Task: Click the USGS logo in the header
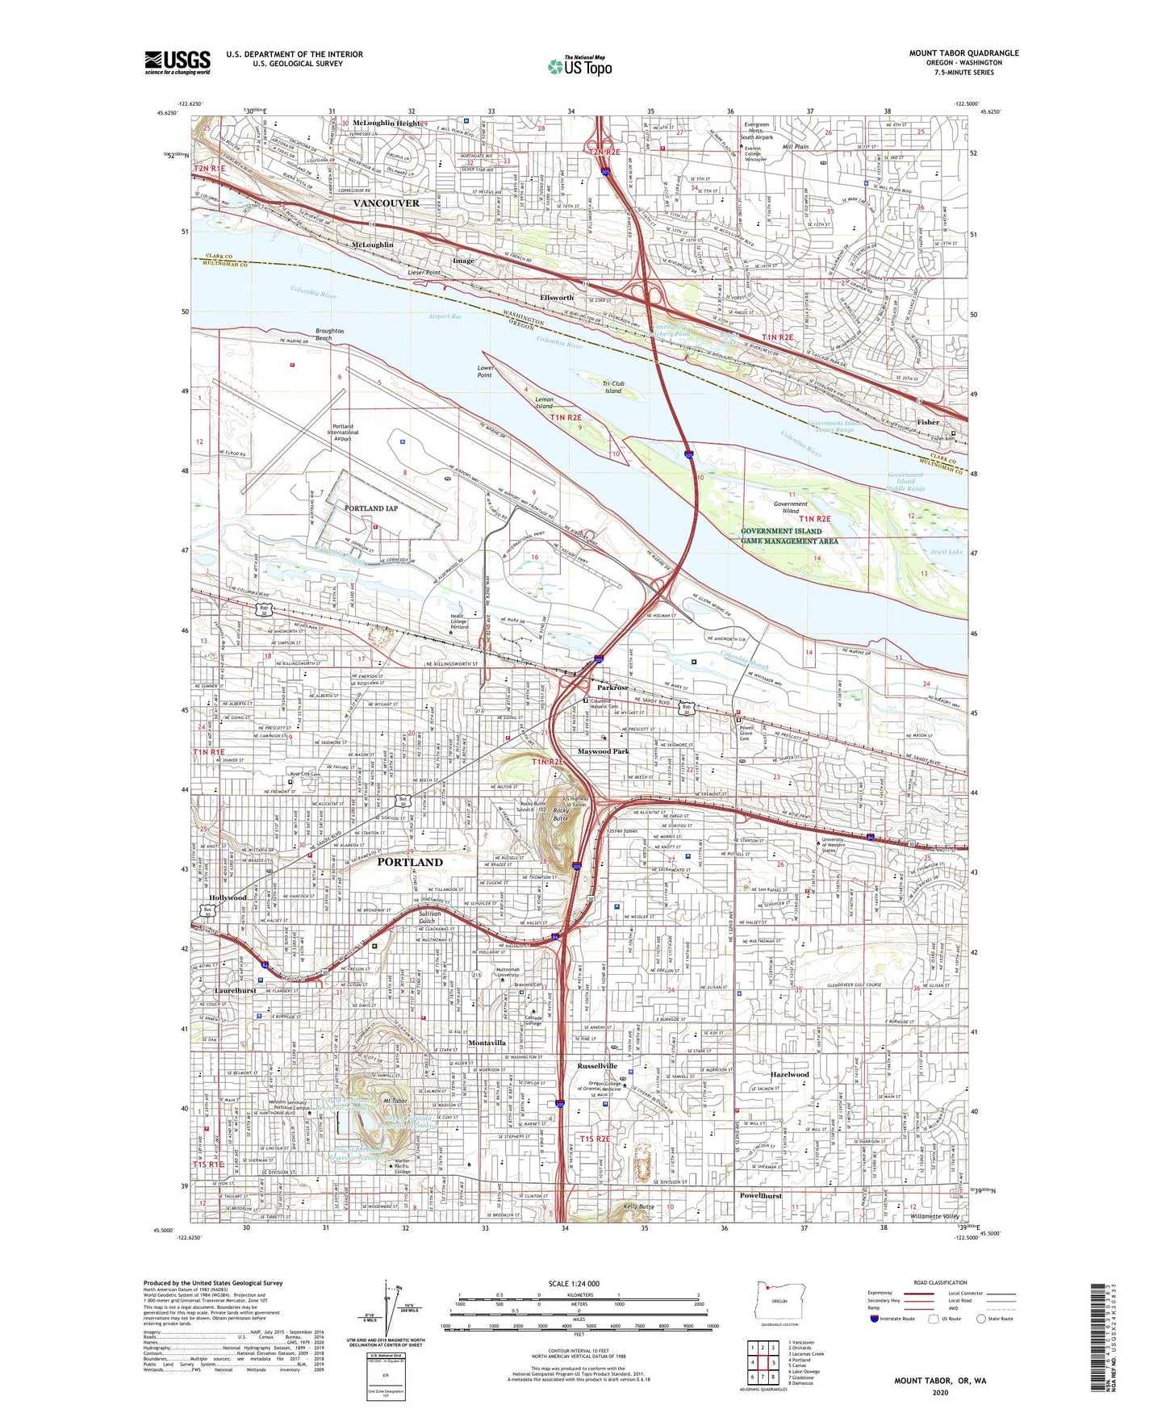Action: [x=178, y=62]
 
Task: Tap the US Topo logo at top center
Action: [x=580, y=66]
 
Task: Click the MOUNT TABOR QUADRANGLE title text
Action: [x=963, y=53]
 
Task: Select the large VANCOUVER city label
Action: [x=386, y=203]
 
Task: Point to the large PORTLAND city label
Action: [x=410, y=862]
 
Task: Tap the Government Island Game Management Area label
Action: [x=789, y=536]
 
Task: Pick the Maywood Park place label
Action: [x=603, y=751]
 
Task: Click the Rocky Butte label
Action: [x=560, y=814]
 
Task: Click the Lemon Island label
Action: [x=545, y=403]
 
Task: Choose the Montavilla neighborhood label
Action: [x=487, y=1043]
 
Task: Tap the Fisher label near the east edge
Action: [x=928, y=422]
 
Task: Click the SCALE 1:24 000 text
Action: [x=574, y=1284]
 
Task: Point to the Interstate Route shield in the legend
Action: [x=875, y=1319]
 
